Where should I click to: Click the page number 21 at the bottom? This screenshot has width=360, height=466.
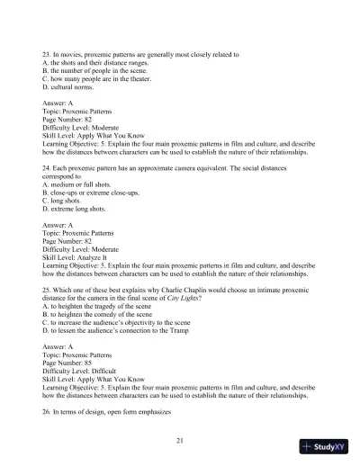[180, 439]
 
